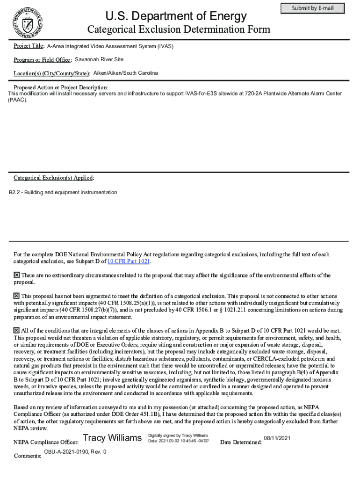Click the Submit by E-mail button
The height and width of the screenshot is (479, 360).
coord(312,8)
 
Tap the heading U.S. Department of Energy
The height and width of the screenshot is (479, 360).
coord(176,16)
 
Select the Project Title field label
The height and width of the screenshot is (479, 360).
coord(29,46)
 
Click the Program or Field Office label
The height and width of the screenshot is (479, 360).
coord(42,60)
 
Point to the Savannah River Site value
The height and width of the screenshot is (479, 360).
coord(99,59)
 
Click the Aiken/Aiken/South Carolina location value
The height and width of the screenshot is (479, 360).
coord(126,73)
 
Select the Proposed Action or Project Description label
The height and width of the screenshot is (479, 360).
coord(60,87)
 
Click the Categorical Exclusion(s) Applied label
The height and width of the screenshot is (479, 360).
coord(53,178)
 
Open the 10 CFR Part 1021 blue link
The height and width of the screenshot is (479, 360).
coord(129,261)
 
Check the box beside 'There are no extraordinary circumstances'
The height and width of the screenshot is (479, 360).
coord(16,275)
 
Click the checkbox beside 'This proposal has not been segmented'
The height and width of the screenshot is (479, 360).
coord(16,296)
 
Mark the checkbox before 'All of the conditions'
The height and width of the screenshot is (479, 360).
coord(16,330)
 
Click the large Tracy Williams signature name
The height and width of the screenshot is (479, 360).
coord(112,438)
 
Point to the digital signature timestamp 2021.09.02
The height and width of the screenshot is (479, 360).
coord(179,441)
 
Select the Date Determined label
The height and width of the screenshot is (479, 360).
coord(240,442)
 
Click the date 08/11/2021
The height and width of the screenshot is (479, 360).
coord(277,438)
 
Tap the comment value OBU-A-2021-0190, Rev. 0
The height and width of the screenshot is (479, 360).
coord(75,452)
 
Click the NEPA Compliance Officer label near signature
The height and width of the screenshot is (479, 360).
coord(46,442)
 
